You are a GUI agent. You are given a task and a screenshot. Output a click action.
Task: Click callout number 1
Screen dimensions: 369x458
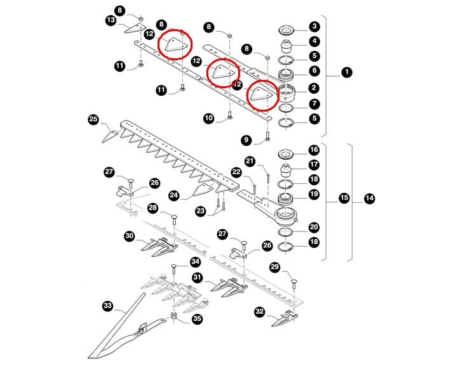[x=346, y=72]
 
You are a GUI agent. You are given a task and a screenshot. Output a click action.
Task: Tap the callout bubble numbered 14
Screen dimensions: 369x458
[x=370, y=198]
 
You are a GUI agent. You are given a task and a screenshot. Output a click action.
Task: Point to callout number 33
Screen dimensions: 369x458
[x=107, y=306]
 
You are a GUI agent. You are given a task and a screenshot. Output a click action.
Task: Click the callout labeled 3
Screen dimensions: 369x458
[x=314, y=27]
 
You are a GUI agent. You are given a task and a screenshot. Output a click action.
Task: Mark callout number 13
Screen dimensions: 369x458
[x=111, y=21]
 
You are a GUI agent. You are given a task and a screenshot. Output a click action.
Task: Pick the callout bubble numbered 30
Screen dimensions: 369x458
[x=130, y=236]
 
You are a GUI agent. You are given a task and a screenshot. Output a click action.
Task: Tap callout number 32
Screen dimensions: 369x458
[x=259, y=311]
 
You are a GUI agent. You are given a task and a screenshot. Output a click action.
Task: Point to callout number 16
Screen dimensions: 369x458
[x=314, y=151]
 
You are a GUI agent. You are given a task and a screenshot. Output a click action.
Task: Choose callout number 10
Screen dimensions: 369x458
[x=209, y=118]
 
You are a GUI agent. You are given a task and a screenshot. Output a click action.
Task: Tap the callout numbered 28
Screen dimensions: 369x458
[x=152, y=208]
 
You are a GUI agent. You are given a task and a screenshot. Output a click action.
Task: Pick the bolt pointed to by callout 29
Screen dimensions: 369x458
[x=294, y=283]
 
